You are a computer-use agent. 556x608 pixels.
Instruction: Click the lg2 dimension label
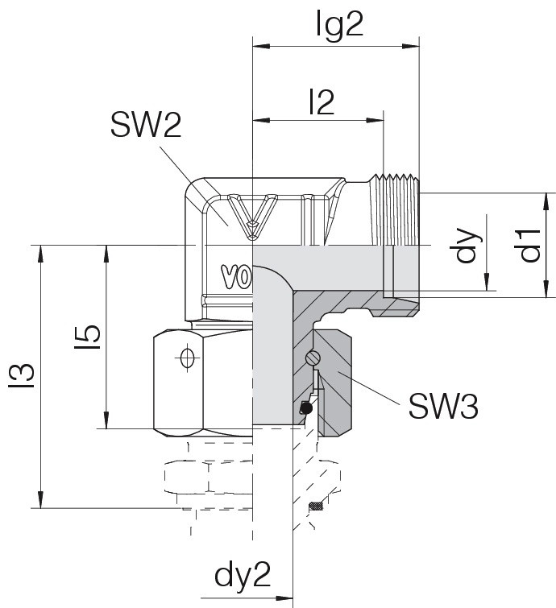[x=339, y=24]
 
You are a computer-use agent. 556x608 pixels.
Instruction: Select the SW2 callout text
[x=146, y=126]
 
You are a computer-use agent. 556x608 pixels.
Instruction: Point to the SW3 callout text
[x=443, y=406]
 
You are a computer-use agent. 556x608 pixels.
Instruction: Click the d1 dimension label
[x=530, y=246]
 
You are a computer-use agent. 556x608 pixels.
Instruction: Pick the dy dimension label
[x=468, y=246]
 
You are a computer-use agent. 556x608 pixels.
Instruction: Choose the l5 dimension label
[x=88, y=337]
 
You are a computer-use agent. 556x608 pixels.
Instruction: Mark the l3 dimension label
[x=21, y=375]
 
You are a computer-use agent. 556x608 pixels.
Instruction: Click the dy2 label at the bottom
[x=243, y=575]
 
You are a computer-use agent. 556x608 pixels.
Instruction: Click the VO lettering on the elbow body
[x=237, y=277]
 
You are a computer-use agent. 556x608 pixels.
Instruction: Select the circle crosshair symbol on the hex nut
[x=188, y=357]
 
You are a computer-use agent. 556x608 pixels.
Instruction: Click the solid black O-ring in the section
[x=306, y=408]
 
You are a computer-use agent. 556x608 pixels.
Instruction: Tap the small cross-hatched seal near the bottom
[x=316, y=506]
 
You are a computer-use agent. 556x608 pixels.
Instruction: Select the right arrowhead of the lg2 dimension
[x=410, y=47]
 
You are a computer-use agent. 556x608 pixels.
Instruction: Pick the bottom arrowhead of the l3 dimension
[x=41, y=499]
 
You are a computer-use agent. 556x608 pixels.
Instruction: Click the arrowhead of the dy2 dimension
[x=284, y=598]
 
